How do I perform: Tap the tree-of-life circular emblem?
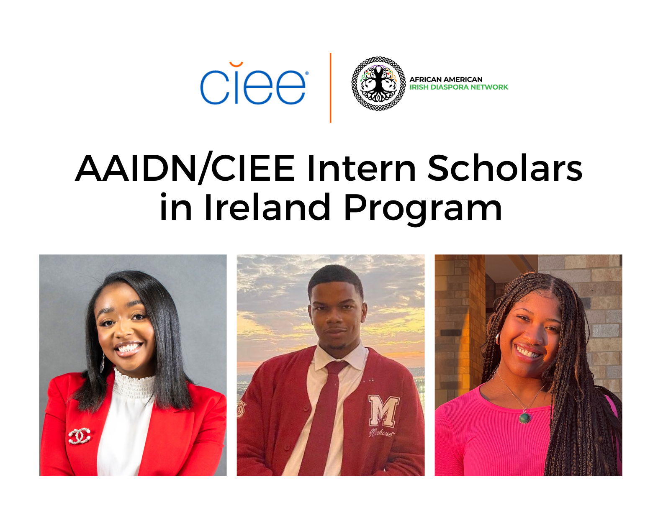point(378,84)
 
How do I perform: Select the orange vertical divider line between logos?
point(330,88)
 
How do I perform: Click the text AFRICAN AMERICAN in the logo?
point(446,79)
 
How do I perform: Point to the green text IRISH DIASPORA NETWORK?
point(459,87)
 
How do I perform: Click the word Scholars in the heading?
point(504,168)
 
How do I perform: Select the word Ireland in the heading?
point(267,208)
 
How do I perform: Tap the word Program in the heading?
point(423,208)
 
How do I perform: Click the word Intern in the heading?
point(361,168)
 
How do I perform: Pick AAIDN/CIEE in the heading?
point(185,168)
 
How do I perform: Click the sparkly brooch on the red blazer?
point(80,436)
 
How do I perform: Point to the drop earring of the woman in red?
point(102,362)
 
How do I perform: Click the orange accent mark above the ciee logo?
point(236,64)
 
